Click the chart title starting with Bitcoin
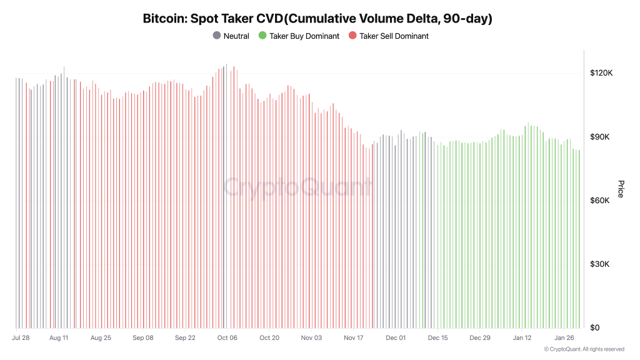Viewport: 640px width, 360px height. pos(317,19)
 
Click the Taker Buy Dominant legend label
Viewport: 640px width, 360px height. pos(304,36)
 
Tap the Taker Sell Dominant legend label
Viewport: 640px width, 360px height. pos(394,36)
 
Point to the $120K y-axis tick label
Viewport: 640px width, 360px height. pos(601,73)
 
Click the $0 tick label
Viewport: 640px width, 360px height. pos(595,328)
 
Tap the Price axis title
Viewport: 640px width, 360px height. pos(621,189)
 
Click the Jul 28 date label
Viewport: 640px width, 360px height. pos(21,338)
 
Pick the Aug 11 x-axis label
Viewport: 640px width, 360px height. pos(58,338)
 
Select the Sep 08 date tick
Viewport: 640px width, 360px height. pos(142,338)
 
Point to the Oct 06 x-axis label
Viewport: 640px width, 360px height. pos(227,338)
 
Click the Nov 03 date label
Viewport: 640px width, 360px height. pos(311,338)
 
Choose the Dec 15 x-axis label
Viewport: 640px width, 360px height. pos(437,338)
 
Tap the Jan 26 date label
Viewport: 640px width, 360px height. pos(564,338)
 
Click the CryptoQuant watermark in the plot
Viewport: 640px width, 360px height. pos(297,187)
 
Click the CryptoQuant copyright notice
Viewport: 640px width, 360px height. pos(584,349)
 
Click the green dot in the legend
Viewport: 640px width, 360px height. pos(262,36)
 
